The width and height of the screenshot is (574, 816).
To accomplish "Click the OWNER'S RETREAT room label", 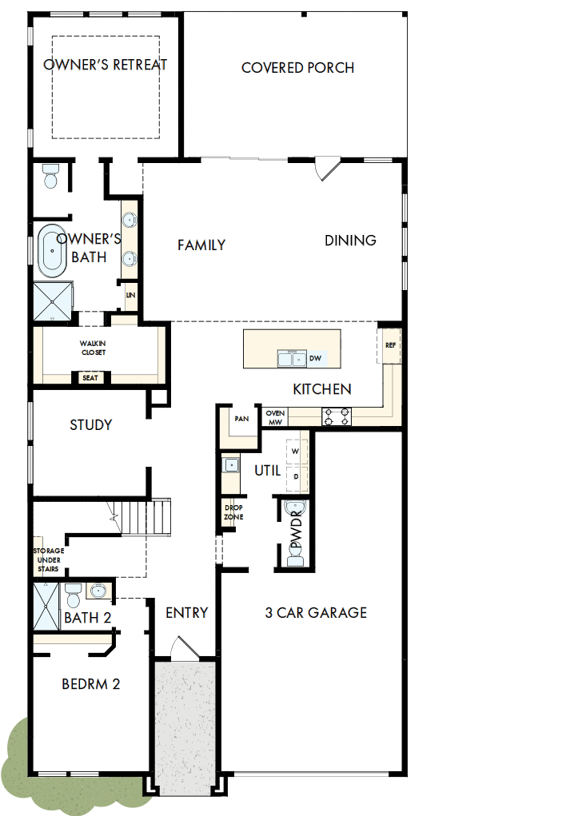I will [x=105, y=65].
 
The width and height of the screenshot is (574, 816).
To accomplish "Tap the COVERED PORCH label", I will [x=297, y=68].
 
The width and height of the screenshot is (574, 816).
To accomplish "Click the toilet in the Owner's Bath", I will [x=51, y=177].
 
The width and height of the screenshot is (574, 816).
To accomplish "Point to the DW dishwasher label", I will [x=315, y=359].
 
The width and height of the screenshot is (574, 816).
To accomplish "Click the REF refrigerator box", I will [x=390, y=346].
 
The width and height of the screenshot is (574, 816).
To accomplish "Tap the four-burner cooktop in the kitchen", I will [x=337, y=416].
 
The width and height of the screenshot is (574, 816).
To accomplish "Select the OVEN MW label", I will [x=275, y=416].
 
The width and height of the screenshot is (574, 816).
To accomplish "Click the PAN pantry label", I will [x=241, y=418].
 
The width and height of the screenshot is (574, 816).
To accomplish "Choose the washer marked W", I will [x=295, y=451].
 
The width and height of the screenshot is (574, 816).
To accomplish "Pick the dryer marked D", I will [x=295, y=476].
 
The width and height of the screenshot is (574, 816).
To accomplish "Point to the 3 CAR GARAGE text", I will [x=316, y=613].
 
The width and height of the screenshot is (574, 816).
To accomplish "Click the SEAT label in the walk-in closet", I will [x=90, y=378].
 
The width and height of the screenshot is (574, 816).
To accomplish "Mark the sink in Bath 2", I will [x=98, y=591].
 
